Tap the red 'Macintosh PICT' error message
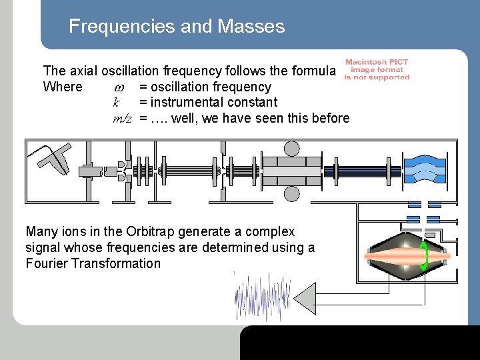tap(377, 70)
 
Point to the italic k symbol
tap(116, 103)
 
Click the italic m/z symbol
tap(122, 119)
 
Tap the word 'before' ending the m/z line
tap(329, 119)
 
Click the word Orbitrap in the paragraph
tap(148, 232)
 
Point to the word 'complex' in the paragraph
tap(269, 232)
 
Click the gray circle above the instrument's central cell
tap(292, 148)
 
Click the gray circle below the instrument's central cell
tap(292, 193)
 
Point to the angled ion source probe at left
tap(53, 157)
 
